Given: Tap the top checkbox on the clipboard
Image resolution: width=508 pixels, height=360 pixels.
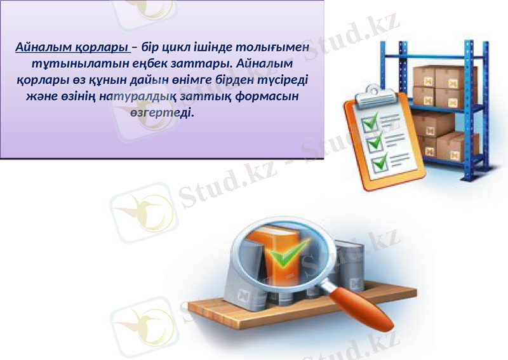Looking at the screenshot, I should [x=370, y=120].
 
